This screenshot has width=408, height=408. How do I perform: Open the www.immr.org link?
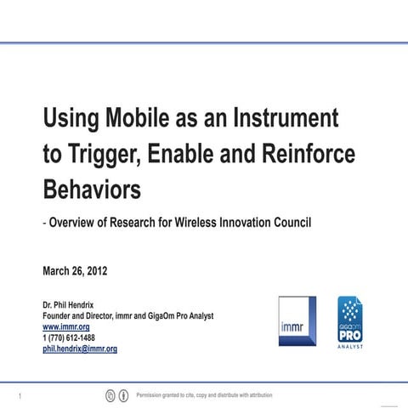[x=66, y=326]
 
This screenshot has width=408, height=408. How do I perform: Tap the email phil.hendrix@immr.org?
[x=80, y=348]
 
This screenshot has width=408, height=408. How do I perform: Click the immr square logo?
[x=297, y=321]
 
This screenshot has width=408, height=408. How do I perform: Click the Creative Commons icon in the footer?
[x=110, y=395]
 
